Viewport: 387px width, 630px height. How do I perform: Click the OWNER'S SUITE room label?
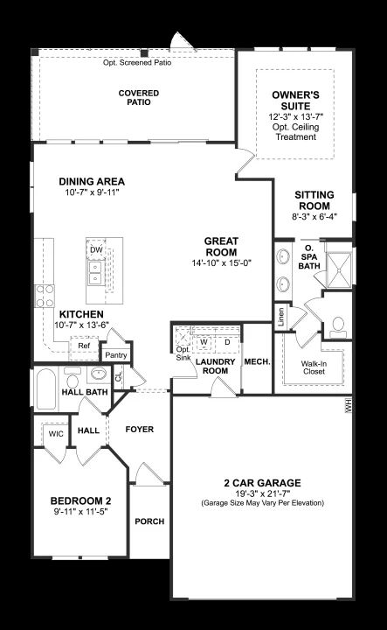295,101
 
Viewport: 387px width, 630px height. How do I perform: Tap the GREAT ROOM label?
221,247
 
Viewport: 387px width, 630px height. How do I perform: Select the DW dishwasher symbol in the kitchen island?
96,250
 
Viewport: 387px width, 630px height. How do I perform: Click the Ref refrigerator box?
84,346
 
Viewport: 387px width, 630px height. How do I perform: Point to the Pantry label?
115,355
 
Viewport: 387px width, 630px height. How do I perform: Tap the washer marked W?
204,342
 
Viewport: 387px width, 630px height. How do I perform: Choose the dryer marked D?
227,342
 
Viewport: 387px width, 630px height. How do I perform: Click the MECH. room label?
257,362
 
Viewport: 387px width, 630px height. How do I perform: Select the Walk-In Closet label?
314,367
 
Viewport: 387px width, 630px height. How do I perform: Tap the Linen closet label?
280,317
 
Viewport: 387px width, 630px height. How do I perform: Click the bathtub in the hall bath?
45,388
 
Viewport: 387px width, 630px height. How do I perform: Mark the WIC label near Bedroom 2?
56,434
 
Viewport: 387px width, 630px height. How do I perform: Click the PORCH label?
149,521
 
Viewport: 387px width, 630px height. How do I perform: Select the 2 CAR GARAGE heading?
262,483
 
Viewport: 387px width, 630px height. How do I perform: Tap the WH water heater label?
348,405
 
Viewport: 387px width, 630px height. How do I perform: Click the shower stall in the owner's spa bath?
339,270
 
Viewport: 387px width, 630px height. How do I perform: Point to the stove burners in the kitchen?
44,296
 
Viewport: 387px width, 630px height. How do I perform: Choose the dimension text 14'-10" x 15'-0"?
221,263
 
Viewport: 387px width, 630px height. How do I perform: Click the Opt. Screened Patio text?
137,63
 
